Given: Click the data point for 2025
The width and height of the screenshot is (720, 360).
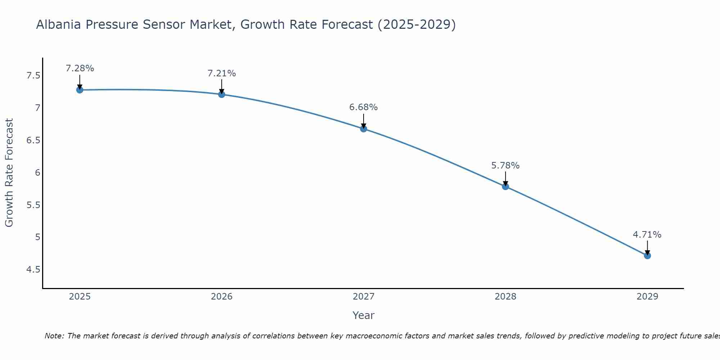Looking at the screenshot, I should coord(80,90).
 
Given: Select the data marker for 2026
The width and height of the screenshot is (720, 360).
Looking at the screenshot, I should coord(222,94).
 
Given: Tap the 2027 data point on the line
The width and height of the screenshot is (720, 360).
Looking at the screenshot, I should coord(364,129).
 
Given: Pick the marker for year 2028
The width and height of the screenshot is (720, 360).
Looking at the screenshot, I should coord(505,186).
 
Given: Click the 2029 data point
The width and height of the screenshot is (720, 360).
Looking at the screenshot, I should coord(647,256).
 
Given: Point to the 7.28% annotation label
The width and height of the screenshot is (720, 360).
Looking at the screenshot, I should coord(80,68).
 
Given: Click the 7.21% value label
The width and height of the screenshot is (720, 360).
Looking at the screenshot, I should coord(222,73).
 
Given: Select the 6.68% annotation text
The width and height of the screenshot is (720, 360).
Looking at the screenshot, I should coord(364,107).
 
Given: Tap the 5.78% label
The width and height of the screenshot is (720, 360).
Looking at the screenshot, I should coord(505,166).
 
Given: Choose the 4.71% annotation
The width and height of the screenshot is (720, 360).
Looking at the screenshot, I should coord(647,235).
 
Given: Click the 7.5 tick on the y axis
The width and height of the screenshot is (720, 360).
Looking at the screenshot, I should coord(33,76).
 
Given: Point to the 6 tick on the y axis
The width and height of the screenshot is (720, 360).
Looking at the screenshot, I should coord(37,173).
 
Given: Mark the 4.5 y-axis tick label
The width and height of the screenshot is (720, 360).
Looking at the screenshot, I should coord(33,270).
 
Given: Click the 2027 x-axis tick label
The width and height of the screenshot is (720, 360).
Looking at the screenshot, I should coord(364,297).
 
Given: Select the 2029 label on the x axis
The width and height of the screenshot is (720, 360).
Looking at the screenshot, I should coord(647,297).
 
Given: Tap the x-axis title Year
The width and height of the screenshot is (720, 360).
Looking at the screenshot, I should coord(364,315).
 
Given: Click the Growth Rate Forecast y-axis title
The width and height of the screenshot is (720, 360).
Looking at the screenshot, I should coord(9,173).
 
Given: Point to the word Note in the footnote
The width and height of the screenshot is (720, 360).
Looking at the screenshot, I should coord(54,336).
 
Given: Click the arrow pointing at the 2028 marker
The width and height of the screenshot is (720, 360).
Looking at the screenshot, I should coord(505,178).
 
